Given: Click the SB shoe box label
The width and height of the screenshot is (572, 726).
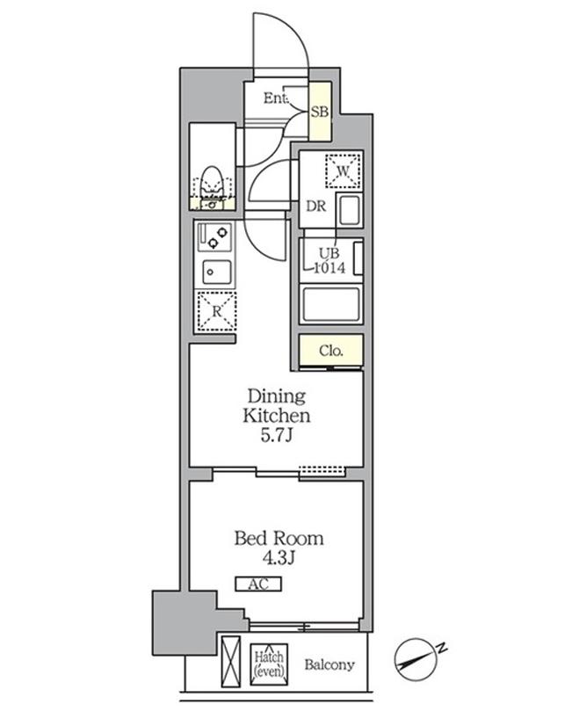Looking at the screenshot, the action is [x=320, y=112].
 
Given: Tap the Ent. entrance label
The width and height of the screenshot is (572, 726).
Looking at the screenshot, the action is [x=276, y=98].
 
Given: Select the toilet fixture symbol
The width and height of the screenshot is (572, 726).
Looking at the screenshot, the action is [x=213, y=188].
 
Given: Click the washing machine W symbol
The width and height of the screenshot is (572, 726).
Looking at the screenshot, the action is [x=343, y=171].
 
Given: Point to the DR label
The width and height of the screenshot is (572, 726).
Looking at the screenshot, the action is [x=316, y=206].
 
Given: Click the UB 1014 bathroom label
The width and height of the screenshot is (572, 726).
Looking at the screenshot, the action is [x=329, y=261].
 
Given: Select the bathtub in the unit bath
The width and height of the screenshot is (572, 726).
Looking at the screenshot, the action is [x=331, y=304].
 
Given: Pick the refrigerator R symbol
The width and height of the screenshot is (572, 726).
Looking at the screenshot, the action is [x=216, y=311].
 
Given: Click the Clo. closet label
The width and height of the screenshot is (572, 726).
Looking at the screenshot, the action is [x=331, y=351].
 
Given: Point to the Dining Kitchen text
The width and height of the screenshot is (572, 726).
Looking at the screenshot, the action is [x=276, y=405].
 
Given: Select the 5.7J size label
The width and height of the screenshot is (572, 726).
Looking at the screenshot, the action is [x=276, y=436].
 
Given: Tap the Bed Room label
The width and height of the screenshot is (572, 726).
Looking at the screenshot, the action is [x=279, y=538].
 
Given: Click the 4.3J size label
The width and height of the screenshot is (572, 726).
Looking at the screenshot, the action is [x=279, y=559].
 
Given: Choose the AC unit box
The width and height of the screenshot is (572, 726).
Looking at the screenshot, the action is [x=258, y=584].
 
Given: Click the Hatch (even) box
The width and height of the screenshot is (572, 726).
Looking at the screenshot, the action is [x=269, y=664].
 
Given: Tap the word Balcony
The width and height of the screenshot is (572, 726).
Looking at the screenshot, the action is [x=329, y=664].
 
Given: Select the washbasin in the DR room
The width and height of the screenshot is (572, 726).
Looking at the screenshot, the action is [x=350, y=211].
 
